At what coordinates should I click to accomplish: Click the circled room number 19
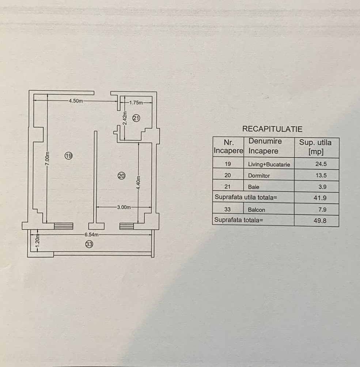69,156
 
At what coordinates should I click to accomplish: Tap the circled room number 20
121,176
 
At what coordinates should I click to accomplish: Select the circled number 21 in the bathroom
136,118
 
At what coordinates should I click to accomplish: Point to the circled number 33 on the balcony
89,244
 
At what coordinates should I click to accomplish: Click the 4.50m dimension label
76,101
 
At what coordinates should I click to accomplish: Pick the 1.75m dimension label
136,102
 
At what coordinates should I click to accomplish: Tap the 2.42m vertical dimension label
125,118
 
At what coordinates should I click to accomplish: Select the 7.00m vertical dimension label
47,158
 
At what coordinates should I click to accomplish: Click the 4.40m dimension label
138,183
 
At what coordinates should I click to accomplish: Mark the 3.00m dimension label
124,207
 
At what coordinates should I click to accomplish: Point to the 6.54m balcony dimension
91,235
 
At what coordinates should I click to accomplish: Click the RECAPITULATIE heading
272,129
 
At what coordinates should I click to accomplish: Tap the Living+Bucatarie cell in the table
269,164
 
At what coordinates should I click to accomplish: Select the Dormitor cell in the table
259,175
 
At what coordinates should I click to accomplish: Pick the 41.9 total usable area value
320,198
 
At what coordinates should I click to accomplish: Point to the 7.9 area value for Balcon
322,209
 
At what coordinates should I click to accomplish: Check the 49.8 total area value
320,221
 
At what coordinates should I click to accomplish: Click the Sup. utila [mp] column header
315,147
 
